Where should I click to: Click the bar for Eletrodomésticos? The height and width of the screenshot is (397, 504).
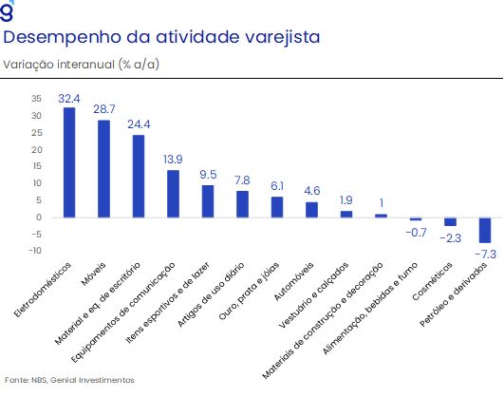(69, 162)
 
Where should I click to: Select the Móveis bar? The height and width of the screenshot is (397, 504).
(103, 169)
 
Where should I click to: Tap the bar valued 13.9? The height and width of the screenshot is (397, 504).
(174, 194)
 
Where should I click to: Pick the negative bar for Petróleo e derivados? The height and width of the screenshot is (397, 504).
(485, 231)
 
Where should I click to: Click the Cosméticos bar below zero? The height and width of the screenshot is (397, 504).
(450, 221)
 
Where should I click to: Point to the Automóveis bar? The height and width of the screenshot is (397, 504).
(311, 210)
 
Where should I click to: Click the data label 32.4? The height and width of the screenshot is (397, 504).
(69, 99)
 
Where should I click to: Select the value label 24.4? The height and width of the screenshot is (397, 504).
(139, 124)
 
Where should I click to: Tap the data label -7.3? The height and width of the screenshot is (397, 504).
(486, 255)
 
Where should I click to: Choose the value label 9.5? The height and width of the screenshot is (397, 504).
(208, 175)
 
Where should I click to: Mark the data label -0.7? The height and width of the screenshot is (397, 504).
(417, 233)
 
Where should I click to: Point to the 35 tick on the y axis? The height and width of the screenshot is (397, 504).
(36, 99)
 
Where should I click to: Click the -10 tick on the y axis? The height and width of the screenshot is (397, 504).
(35, 251)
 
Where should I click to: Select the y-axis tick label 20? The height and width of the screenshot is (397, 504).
(36, 150)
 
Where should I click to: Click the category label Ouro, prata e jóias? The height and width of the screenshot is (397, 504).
(249, 292)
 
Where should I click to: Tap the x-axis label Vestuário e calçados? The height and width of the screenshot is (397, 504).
(313, 295)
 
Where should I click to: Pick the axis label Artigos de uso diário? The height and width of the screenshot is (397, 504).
(211, 294)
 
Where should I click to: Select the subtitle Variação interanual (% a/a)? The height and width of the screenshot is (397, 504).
(82, 65)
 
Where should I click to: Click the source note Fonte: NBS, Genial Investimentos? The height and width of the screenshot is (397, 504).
(69, 380)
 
